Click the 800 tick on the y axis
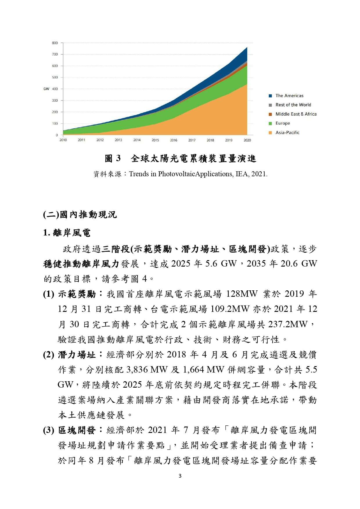click(x=55, y=43)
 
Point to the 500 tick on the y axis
click(x=55, y=78)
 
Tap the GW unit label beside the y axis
click(x=46, y=89)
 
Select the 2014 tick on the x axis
click(x=137, y=140)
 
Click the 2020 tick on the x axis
click(x=247, y=140)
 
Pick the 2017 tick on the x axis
click(x=192, y=140)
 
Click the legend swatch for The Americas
click(x=270, y=96)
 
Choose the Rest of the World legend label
click(x=293, y=105)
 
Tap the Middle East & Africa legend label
click(x=296, y=114)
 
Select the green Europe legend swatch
click(x=270, y=123)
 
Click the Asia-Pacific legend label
click(x=287, y=133)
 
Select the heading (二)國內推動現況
click(x=80, y=215)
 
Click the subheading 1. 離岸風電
click(x=67, y=233)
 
